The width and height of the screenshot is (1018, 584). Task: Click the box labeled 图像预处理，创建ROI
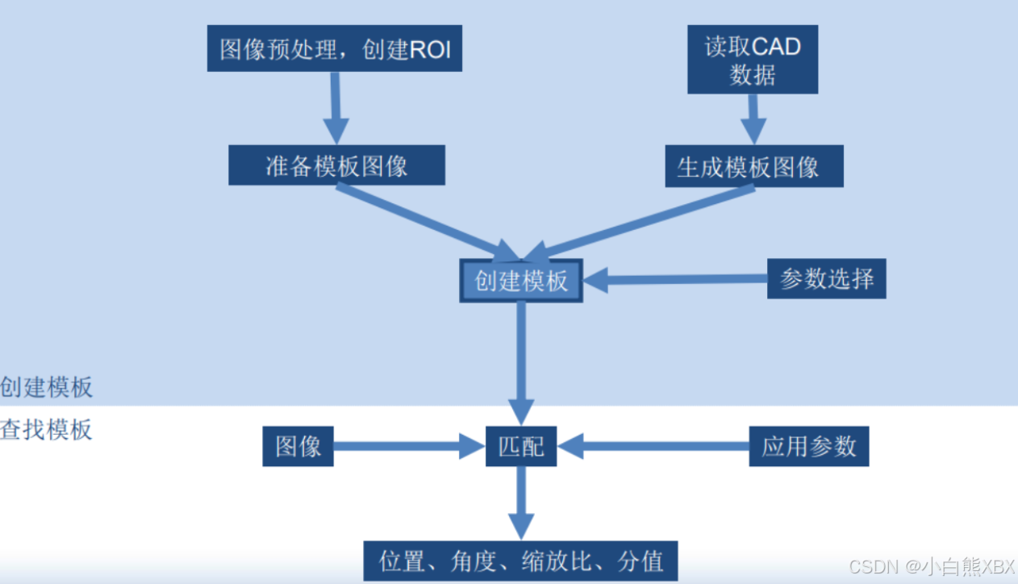pyautogui.click(x=334, y=48)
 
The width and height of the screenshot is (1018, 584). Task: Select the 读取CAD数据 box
pyautogui.click(x=753, y=60)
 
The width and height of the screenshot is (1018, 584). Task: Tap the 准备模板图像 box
pyautogui.click(x=336, y=165)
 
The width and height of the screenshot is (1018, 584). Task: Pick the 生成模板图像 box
pyautogui.click(x=753, y=166)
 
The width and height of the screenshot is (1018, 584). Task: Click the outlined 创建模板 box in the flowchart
pyautogui.click(x=520, y=281)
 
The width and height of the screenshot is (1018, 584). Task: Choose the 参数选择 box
pyautogui.click(x=826, y=278)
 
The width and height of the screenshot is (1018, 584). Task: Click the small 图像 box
pyautogui.click(x=298, y=446)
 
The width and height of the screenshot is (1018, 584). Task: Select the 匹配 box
pyautogui.click(x=521, y=446)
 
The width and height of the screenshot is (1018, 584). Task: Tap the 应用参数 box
pyautogui.click(x=809, y=446)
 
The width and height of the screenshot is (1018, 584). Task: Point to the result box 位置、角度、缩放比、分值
pyautogui.click(x=521, y=561)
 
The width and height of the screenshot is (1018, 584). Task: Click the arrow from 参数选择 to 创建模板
pyautogui.click(x=674, y=280)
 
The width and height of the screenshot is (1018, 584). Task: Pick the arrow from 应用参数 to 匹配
pyautogui.click(x=653, y=446)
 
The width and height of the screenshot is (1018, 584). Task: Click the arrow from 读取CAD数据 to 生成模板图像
pyautogui.click(x=753, y=119)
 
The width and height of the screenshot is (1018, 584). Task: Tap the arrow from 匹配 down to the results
pyautogui.click(x=521, y=503)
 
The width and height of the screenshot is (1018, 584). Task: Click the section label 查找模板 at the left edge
pyautogui.click(x=46, y=429)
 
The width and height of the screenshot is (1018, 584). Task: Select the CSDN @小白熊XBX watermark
pyautogui.click(x=932, y=566)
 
